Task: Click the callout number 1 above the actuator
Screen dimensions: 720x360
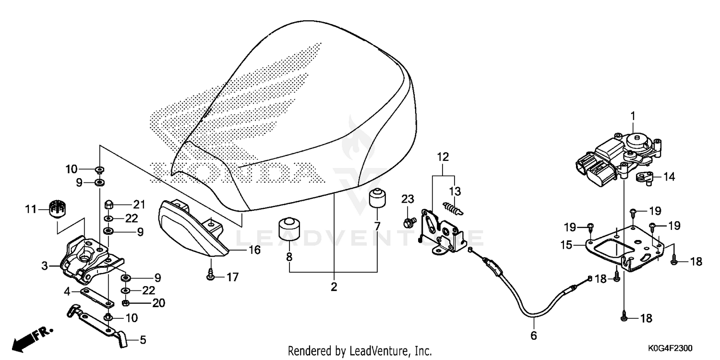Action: [x=633, y=116]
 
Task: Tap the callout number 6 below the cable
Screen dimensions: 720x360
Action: [x=534, y=336]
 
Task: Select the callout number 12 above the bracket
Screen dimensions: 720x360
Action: [x=443, y=157]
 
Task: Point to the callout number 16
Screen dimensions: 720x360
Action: [x=254, y=250]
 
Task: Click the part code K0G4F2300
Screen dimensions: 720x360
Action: [x=670, y=348]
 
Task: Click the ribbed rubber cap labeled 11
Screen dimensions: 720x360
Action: [x=58, y=208]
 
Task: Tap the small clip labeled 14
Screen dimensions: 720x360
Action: [x=646, y=178]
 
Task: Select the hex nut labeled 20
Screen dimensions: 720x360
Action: [x=126, y=303]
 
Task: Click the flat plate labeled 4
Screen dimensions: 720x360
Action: [x=97, y=297]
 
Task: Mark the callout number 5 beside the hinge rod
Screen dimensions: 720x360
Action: [x=143, y=340]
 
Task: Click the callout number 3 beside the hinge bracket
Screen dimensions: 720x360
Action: [x=45, y=266]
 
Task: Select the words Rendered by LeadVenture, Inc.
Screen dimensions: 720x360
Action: [x=360, y=350]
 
